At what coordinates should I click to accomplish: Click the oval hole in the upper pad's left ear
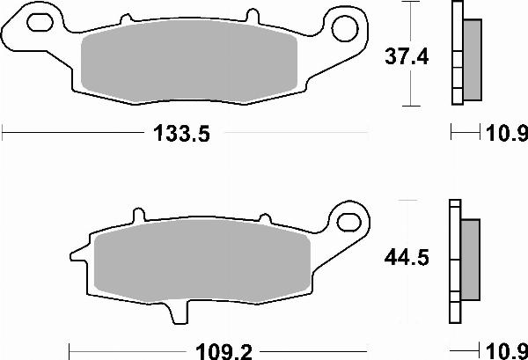pos(38,19)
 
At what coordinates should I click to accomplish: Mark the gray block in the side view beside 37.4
pos(472,59)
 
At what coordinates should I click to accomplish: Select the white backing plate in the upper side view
pos(457,53)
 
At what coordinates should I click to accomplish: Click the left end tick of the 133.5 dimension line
pos(3,135)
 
